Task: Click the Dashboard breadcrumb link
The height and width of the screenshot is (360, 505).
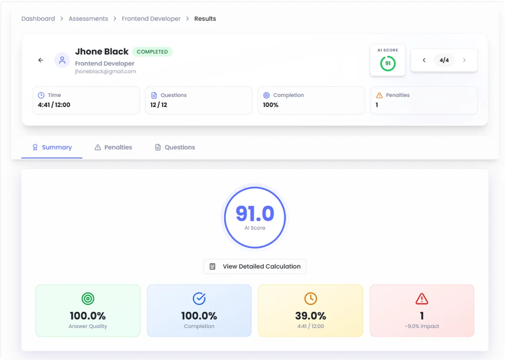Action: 38,19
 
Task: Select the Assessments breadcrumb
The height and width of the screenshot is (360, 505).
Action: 88,19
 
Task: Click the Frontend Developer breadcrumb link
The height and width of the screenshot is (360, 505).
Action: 151,19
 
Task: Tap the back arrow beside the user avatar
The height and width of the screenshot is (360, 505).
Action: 40,60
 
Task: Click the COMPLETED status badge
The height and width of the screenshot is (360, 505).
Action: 152,52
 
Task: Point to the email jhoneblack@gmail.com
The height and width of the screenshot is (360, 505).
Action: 106,71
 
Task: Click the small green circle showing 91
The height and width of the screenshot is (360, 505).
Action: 388,64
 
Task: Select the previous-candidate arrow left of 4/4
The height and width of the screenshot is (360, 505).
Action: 424,60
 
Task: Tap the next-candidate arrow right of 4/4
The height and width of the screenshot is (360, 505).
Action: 464,60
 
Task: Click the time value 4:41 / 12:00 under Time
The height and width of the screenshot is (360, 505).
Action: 54,105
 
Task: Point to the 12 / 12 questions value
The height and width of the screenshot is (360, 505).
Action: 159,105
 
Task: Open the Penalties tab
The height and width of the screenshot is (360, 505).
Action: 113,147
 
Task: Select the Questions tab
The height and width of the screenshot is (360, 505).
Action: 175,147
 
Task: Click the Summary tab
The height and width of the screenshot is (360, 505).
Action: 52,147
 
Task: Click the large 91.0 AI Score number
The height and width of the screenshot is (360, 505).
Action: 255,213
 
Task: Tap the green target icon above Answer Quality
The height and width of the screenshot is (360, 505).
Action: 88,299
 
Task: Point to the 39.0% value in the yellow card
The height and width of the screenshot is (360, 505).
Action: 311,316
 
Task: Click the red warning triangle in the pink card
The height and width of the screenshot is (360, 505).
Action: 422,299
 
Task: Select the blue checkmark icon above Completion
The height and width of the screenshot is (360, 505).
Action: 199,299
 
